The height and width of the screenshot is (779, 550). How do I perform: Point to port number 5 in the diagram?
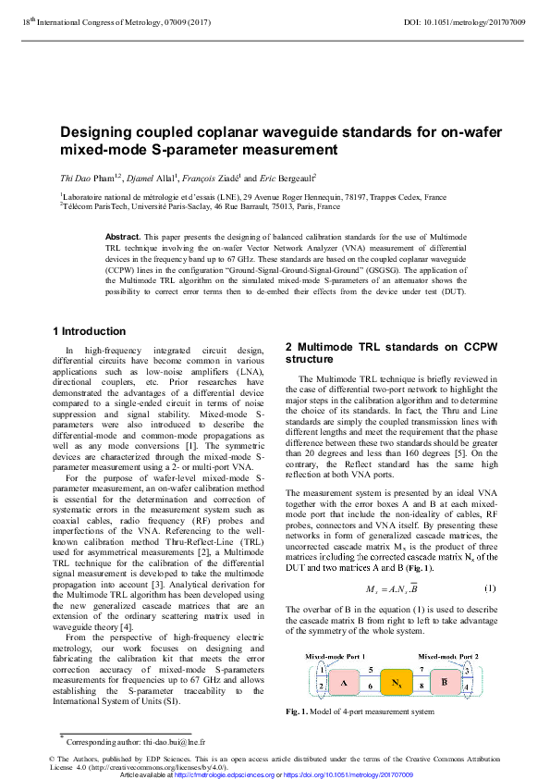point(371,669)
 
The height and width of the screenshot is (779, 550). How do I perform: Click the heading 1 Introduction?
point(90,331)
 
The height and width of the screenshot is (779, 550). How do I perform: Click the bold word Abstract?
point(122,238)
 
